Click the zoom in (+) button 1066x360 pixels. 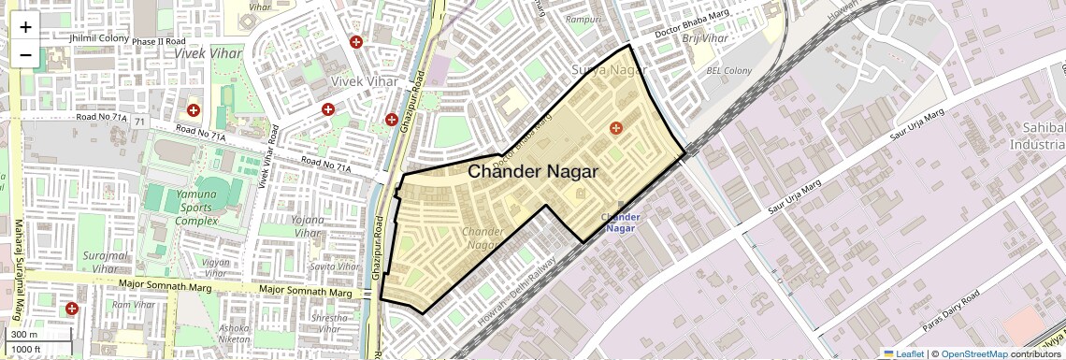click(x=25, y=28)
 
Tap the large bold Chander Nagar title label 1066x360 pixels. click(x=533, y=172)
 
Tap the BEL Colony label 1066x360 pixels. click(x=728, y=71)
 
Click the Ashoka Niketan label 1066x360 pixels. click(x=234, y=334)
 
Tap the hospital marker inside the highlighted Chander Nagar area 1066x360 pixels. click(x=615, y=128)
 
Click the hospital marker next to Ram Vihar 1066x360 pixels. click(x=72, y=309)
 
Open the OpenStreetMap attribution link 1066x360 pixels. click(x=973, y=354)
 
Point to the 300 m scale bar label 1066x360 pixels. click(x=23, y=335)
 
